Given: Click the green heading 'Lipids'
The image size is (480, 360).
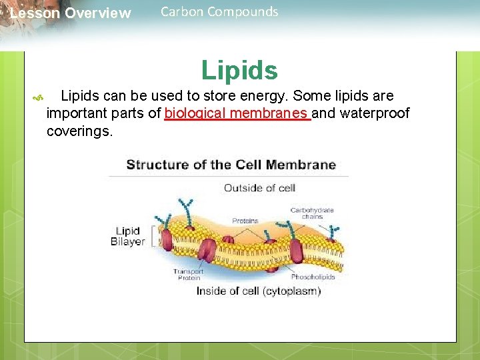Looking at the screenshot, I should coord(239,70).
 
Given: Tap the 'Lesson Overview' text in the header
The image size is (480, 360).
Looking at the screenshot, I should coord(71,13).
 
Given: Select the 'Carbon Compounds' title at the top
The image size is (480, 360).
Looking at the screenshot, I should coord(219,11).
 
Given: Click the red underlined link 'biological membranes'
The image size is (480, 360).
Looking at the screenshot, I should coord(237,113).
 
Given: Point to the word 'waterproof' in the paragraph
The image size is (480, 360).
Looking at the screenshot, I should coord(375,113).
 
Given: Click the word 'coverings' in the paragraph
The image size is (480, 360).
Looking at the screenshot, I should coord(79,131).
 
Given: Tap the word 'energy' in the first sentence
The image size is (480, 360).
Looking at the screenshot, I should coord(257,96).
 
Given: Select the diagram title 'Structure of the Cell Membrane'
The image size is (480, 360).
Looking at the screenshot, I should coord(231,165).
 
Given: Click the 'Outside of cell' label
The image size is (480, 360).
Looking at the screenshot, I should coord(259,188).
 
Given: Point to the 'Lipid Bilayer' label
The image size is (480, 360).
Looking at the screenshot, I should coord(127,236).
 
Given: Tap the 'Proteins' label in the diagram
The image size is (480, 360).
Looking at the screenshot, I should coord(245,221).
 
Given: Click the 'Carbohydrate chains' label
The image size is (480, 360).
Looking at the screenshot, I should coord(312,213).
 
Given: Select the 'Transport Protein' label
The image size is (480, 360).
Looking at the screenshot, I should coord(188,275).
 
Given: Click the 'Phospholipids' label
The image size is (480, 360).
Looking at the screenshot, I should coord(313,277).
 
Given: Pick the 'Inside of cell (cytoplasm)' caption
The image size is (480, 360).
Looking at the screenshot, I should coord(259,291).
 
